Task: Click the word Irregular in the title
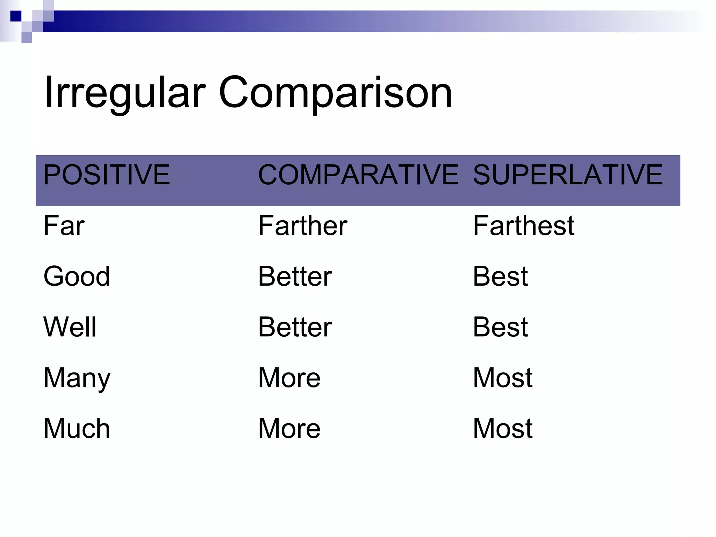[124, 93]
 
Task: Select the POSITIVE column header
[106, 175]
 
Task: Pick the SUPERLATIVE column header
[567, 175]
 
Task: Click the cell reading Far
[64, 226]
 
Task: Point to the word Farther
[302, 226]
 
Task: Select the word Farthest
[523, 226]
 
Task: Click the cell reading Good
[77, 277]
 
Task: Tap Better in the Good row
[295, 277]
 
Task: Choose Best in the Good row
[500, 277]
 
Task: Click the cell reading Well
[70, 327]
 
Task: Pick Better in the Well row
[295, 327]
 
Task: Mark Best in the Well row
[500, 327]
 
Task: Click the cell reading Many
[77, 378]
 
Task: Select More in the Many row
[289, 378]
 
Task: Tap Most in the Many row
[502, 378]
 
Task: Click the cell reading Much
[77, 429]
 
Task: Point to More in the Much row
[289, 429]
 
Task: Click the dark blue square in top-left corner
[16, 16]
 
